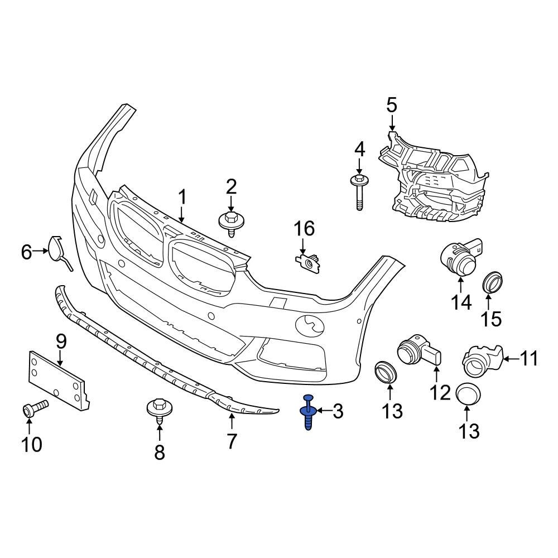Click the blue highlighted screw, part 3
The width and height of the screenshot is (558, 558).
coord(308,413)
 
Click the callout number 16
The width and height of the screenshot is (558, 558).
coord(305,228)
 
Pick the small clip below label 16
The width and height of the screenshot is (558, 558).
coord(308,262)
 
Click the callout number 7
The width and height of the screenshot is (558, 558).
coord(231,441)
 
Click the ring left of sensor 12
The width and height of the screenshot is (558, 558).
coord(384,371)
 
